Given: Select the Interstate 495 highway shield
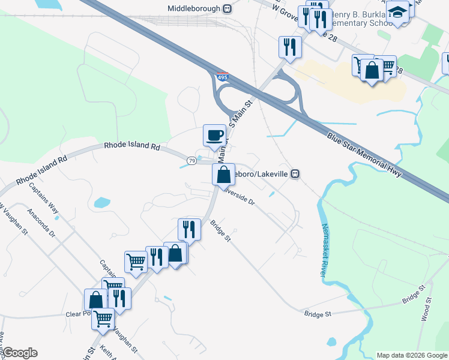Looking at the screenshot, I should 223,77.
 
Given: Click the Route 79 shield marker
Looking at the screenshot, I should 191,161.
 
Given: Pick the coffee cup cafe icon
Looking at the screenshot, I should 214,135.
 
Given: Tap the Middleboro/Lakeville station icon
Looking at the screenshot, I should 295,173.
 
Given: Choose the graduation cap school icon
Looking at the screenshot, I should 397,11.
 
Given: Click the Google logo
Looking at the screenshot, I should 19,353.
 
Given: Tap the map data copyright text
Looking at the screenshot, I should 412,355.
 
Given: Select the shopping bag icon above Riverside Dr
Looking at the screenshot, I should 223,175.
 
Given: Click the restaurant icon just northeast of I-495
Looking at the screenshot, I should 291,46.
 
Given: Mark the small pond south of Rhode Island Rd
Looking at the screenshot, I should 103,202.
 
